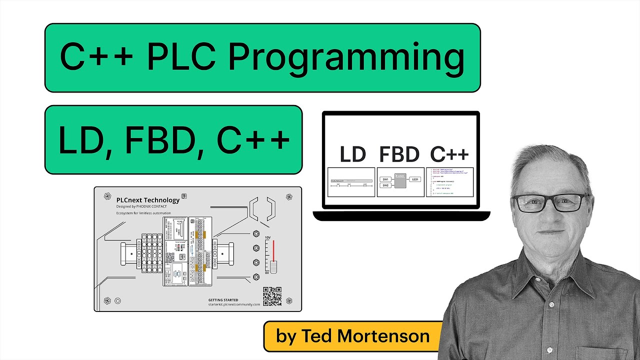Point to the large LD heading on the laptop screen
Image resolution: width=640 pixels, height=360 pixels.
tap(352, 154)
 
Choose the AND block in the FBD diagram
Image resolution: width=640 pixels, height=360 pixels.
tap(400, 180)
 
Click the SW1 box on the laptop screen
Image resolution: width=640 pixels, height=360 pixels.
tap(385, 179)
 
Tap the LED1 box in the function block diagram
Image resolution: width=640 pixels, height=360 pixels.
tap(415, 179)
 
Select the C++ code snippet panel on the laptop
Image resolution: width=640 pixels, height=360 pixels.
tap(449, 182)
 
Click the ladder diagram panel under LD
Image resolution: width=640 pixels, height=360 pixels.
tap(351, 182)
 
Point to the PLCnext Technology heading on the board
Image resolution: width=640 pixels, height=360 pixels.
tap(147, 200)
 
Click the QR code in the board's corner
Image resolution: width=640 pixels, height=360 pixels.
tap(272, 296)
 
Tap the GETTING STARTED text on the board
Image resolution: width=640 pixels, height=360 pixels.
tap(223, 300)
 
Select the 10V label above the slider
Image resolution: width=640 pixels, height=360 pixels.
tap(267, 238)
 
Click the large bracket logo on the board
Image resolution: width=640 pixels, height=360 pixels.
tap(262, 208)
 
